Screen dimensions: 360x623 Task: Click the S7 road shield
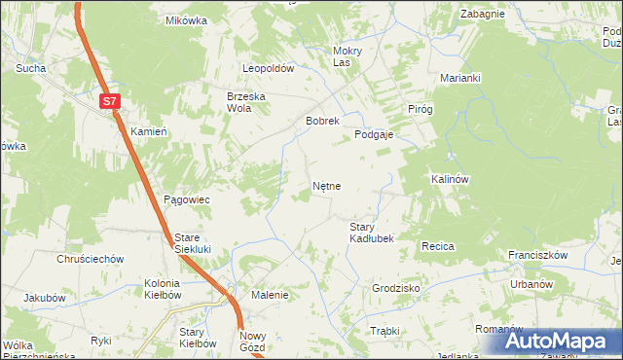(x=110, y=100)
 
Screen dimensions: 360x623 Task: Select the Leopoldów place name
(x=268, y=69)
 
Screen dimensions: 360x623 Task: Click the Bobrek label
(x=321, y=122)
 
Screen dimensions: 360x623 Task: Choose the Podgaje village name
(x=373, y=135)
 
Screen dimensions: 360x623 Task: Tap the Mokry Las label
(x=348, y=56)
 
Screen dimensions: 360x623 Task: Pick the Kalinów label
(x=450, y=180)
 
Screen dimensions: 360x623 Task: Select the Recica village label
(x=438, y=247)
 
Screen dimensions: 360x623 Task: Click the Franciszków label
(x=537, y=255)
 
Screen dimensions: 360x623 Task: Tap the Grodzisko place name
(x=395, y=289)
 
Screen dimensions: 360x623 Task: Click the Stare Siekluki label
(x=200, y=243)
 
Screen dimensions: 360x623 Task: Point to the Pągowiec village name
(x=187, y=198)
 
